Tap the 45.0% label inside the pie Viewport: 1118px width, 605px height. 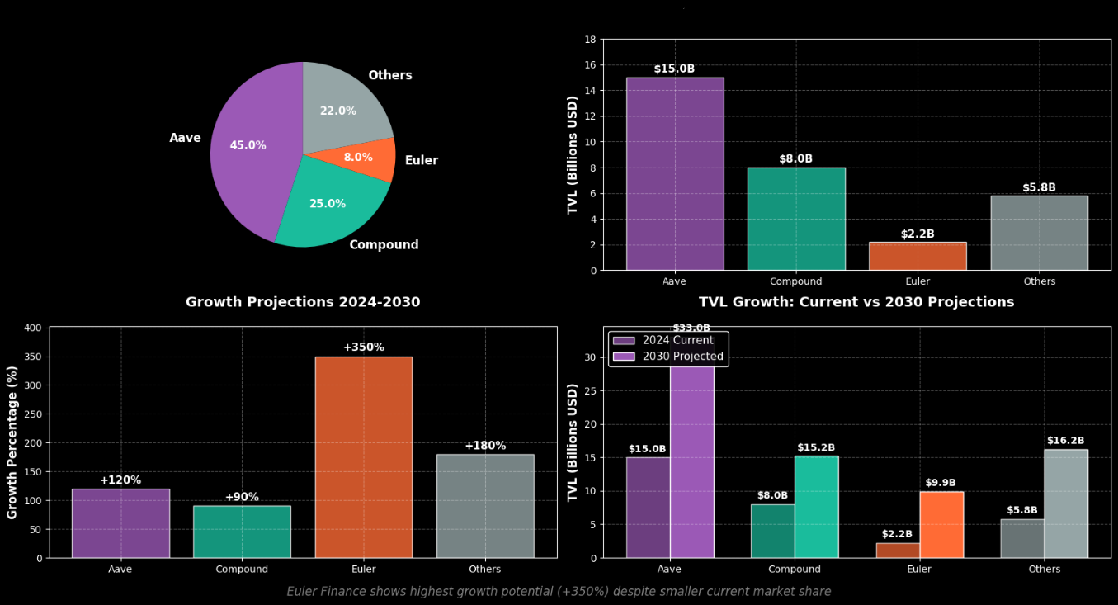tap(248, 145)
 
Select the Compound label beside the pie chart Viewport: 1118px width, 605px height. tap(384, 245)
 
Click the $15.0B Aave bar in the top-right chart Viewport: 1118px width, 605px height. tap(675, 173)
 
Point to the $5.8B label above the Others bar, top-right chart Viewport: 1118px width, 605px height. tap(1039, 188)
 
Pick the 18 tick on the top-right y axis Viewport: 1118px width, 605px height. tap(590, 40)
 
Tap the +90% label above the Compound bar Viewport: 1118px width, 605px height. tap(242, 497)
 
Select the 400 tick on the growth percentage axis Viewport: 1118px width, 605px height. tap(32, 328)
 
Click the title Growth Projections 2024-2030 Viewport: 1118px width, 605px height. tap(303, 302)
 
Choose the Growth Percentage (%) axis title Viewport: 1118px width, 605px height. tap(12, 442)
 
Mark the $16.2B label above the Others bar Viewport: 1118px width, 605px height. tap(1065, 441)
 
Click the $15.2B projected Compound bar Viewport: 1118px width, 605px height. tap(816, 507)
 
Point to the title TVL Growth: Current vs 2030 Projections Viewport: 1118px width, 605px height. tap(856, 302)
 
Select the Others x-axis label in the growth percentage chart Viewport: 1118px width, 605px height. tap(484, 570)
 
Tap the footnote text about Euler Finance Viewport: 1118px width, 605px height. tap(559, 592)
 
